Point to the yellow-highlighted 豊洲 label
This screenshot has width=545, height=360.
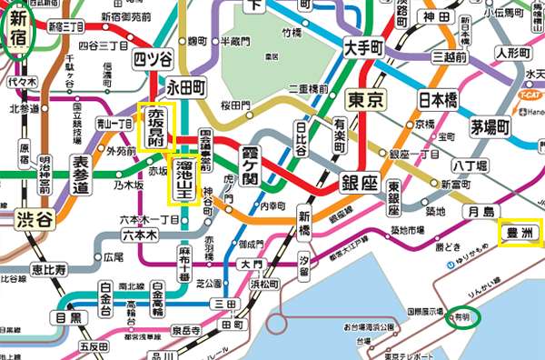tap(521, 232)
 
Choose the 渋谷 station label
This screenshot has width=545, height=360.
tap(35, 218)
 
